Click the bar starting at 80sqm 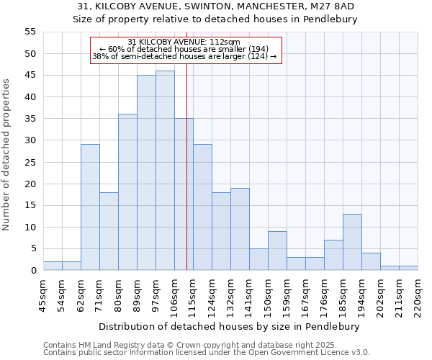click(127, 192)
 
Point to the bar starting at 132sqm click(240, 229)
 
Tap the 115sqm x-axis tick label click(193, 296)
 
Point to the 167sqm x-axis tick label click(305, 296)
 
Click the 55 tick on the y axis click(30, 32)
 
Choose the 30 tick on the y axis click(30, 140)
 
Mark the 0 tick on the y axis click(32, 271)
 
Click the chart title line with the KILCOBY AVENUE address click(215, 6)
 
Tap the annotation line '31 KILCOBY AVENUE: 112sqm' click(184, 42)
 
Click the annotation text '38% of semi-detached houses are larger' click(184, 56)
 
